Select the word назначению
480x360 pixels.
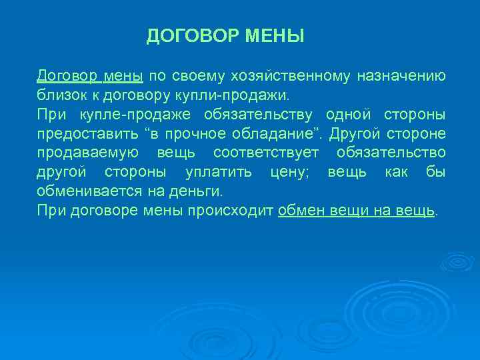coord(401,75)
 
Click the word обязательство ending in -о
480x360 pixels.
coord(391,153)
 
